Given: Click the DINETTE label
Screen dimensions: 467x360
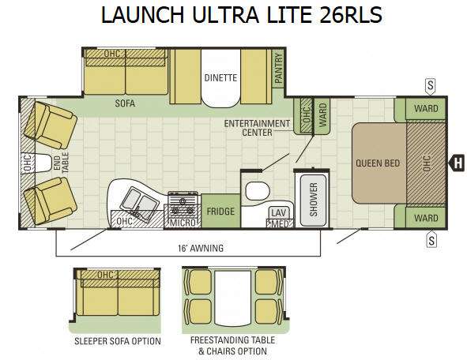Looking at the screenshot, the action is tap(220, 77).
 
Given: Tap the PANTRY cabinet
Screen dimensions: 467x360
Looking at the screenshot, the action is tap(278, 69).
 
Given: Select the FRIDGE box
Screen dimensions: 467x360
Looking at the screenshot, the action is tap(220, 212).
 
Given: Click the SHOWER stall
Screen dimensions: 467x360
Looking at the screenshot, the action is tap(313, 200).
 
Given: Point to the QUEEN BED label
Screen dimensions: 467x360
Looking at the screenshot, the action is tap(378, 163).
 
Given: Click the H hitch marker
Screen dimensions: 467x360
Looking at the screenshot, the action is tap(458, 163).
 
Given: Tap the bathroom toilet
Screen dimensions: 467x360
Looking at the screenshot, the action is tap(258, 191).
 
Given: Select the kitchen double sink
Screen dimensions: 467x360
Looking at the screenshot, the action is tap(139, 204).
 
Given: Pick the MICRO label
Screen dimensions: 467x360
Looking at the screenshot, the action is tap(183, 223).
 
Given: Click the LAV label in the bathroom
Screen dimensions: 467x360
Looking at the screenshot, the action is tap(278, 212).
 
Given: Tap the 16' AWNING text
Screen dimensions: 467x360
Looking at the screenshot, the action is tap(201, 248).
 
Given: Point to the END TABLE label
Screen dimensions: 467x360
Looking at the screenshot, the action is tap(61, 163).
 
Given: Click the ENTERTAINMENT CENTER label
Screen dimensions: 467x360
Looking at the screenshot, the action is tap(257, 128).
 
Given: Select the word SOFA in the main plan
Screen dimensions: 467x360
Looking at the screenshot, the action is tap(125, 103).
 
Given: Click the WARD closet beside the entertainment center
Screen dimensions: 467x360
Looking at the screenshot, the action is tap(323, 115).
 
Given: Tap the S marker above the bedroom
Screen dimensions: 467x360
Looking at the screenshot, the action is tap(430, 86).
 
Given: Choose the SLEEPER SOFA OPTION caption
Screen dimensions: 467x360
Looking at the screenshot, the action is tap(118, 341).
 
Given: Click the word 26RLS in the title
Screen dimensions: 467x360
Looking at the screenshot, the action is tap(351, 14).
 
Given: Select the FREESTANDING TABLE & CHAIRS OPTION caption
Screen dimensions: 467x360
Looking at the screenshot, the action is tap(232, 346).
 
